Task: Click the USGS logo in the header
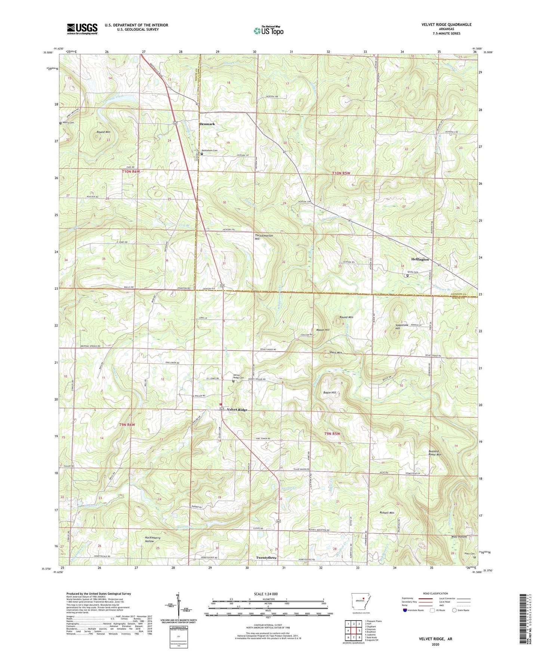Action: pos(82,29)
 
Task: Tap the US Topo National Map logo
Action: pos(268,31)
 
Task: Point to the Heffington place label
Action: pos(420,259)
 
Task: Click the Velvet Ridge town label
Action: pos(237,410)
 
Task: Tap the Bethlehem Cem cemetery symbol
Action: pos(202,154)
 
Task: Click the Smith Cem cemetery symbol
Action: pos(407,276)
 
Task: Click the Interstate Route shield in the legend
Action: pos(405,610)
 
